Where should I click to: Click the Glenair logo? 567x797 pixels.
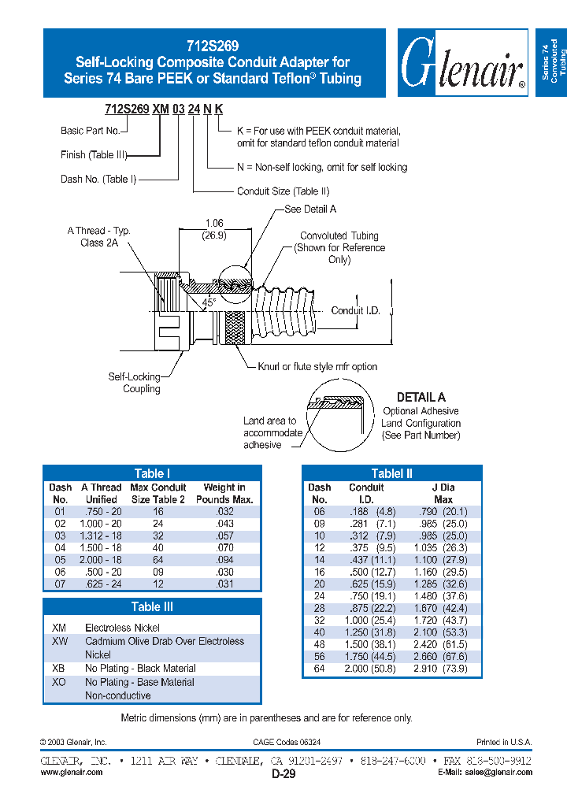(x=462, y=63)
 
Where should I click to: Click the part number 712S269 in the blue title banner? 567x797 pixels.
(x=213, y=46)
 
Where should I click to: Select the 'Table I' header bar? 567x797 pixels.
(x=151, y=473)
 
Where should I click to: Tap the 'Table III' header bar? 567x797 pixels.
(x=151, y=606)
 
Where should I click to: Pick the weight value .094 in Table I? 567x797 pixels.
(x=224, y=560)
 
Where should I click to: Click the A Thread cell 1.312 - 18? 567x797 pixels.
(x=101, y=536)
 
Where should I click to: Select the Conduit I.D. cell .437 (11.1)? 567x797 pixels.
(x=366, y=560)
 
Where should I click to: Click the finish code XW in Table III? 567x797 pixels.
(x=60, y=641)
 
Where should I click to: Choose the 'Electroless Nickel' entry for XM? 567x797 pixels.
(x=122, y=628)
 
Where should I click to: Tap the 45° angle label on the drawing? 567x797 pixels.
(x=208, y=302)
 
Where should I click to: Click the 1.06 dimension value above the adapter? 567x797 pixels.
(x=214, y=224)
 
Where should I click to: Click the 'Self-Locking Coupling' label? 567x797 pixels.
(x=135, y=383)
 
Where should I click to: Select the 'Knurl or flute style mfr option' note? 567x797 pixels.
(x=317, y=366)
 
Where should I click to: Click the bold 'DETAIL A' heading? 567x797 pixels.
(x=421, y=398)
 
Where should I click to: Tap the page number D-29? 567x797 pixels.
(x=283, y=775)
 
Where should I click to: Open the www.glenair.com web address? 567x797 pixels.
(x=72, y=773)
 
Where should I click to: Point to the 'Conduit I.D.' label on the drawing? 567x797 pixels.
(x=355, y=310)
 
